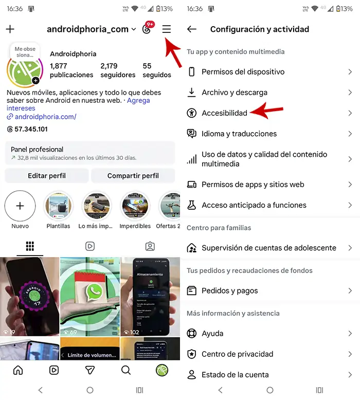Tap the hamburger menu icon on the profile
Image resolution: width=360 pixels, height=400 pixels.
pyautogui.click(x=166, y=29)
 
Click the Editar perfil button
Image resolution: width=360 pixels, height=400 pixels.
pyautogui.click(x=47, y=176)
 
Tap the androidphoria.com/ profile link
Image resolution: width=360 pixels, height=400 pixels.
pyautogui.click(x=45, y=117)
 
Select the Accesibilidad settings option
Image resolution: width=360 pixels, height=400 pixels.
pyautogui.click(x=224, y=113)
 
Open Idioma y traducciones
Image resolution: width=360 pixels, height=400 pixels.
pyautogui.click(x=239, y=134)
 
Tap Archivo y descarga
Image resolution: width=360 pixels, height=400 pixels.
pyautogui.click(x=235, y=93)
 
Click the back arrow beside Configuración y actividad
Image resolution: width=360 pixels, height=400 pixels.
pyautogui.click(x=192, y=29)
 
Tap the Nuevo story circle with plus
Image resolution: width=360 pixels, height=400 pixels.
pyautogui.click(x=20, y=206)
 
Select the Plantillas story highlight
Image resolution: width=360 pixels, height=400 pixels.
pyautogui.click(x=58, y=206)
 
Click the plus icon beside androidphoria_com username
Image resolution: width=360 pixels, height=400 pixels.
pyautogui.click(x=10, y=29)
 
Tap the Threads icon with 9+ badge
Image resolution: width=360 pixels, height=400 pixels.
pyautogui.click(x=147, y=29)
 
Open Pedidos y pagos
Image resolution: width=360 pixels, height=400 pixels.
pyautogui.click(x=230, y=291)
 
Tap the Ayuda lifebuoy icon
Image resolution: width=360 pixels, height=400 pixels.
pyautogui.click(x=192, y=334)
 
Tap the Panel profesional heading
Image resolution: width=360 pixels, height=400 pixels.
pyautogui.click(x=37, y=150)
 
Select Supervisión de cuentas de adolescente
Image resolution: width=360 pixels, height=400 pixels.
pyautogui.click(x=268, y=248)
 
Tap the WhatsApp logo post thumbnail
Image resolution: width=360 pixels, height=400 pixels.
pyautogui.click(x=90, y=296)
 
